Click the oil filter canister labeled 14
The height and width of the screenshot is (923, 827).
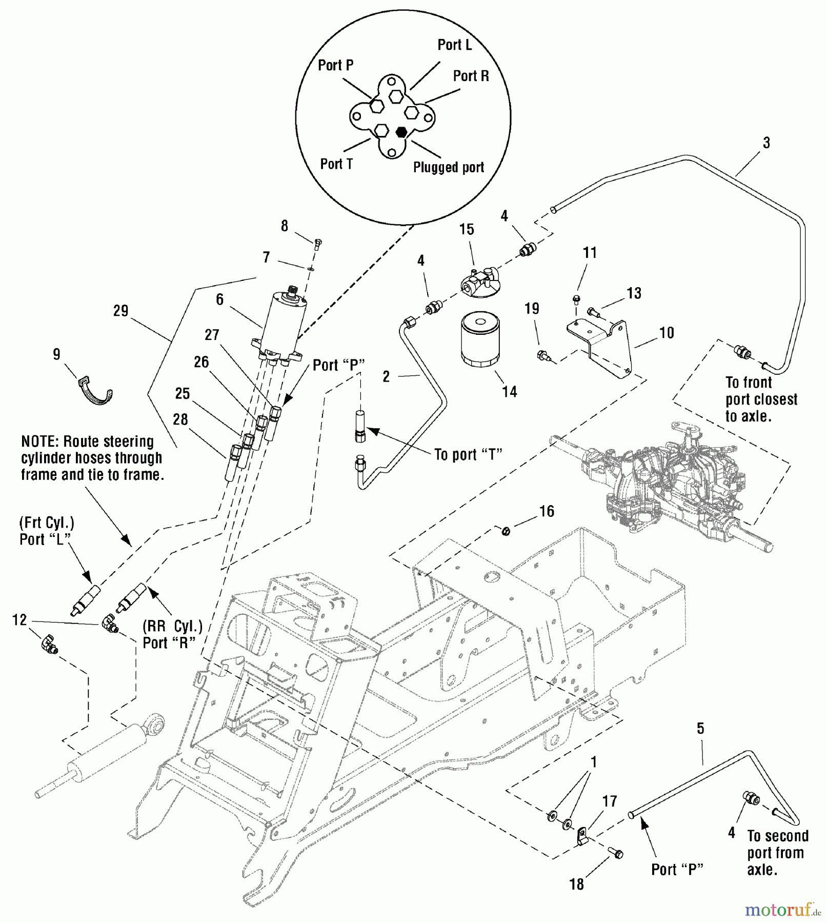click(480, 340)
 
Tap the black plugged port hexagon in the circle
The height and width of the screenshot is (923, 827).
click(402, 132)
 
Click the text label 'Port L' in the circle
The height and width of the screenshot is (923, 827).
click(454, 45)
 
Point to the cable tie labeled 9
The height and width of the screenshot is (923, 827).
click(96, 391)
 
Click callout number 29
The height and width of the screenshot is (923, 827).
click(120, 311)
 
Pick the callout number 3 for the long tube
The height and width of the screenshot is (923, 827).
click(766, 143)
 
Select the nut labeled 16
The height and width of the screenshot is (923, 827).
click(506, 531)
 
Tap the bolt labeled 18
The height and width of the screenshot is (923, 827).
click(616, 853)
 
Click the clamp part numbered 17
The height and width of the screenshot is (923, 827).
click(582, 836)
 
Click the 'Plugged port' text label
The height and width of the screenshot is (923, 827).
click(449, 167)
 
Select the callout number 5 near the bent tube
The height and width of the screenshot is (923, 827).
click(700, 729)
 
